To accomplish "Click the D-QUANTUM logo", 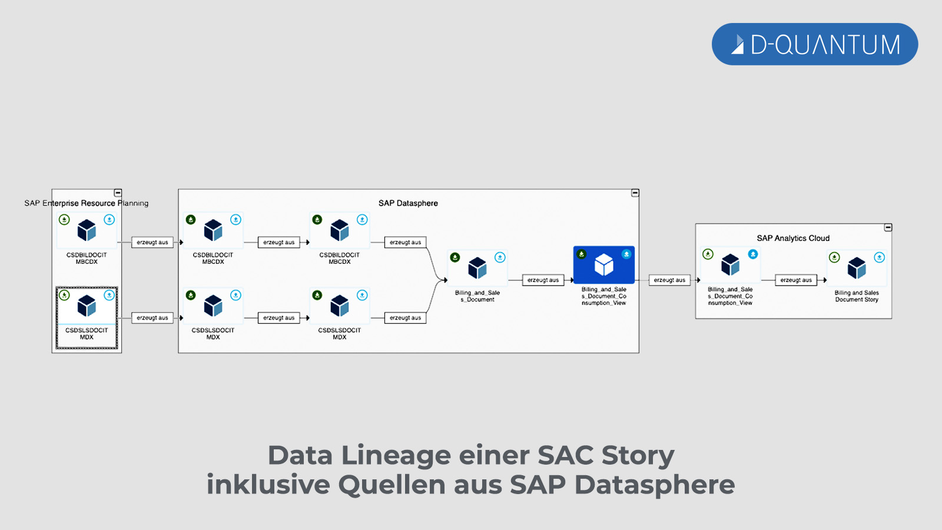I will [815, 44].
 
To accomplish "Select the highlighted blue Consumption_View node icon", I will [604, 264].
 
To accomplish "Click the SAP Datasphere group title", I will [408, 203].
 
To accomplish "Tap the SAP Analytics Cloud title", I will [793, 238].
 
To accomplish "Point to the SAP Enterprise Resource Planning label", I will [87, 203].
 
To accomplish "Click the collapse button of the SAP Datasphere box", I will [635, 193].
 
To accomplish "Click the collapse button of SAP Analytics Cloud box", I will [888, 227].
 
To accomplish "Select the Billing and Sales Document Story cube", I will [857, 268].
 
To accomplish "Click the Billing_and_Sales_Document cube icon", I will [477, 268].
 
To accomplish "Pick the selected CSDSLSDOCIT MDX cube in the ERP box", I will [87, 306].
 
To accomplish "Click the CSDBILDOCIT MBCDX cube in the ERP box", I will [87, 230].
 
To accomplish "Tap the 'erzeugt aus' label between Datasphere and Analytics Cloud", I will [669, 280].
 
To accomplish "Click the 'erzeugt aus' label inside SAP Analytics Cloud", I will [796, 280].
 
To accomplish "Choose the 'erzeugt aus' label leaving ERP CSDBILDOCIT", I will [152, 242].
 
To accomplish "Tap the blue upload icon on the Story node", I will [879, 257].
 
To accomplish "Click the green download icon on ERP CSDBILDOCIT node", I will [64, 220].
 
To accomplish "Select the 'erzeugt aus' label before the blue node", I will [543, 280].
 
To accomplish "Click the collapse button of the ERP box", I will [118, 193].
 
